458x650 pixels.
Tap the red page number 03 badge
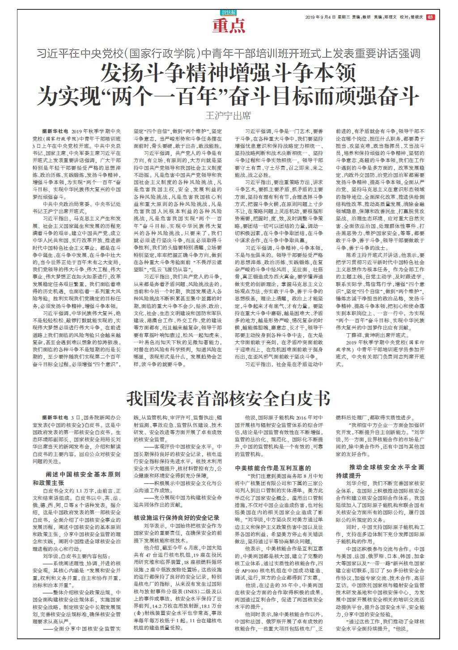click(430, 17)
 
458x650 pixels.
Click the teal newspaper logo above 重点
click(228, 13)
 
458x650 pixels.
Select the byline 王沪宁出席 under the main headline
click(228, 116)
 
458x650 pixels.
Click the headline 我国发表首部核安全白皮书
click(229, 397)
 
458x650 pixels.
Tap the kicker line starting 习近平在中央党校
click(228, 54)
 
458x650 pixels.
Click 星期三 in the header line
click(343, 17)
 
